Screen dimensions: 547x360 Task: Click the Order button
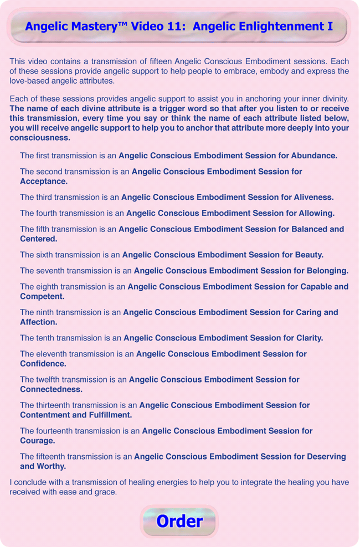(179, 521)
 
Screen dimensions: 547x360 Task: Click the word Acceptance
(44, 181)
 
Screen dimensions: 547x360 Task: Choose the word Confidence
(43, 364)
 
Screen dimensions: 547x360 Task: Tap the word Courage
(38, 441)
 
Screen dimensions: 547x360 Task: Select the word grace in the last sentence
(105, 492)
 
